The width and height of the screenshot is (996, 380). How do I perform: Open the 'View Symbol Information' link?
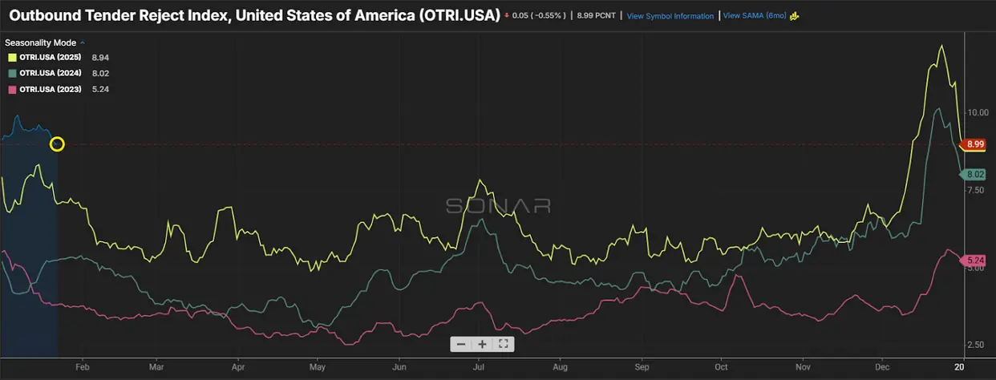[670, 16]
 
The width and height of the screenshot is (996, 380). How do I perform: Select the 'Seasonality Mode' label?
[42, 42]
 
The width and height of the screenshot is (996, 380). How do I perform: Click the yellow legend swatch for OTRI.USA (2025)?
[12, 58]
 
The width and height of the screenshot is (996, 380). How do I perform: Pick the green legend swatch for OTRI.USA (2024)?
[12, 74]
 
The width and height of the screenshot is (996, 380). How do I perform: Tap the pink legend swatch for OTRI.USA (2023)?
[12, 89]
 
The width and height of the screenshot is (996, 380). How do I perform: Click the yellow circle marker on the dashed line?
[57, 144]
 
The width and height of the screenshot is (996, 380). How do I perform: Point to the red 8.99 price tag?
[975, 144]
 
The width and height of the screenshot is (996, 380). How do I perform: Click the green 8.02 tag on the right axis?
[975, 174]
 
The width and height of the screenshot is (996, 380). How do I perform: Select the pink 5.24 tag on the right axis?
[975, 261]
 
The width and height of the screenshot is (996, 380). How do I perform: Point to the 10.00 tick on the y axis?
[978, 113]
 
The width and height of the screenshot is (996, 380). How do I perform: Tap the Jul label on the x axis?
[479, 366]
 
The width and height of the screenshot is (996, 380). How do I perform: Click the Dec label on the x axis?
[882, 366]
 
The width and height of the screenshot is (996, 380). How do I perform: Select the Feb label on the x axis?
[82, 366]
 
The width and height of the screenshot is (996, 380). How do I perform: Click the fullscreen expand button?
[504, 344]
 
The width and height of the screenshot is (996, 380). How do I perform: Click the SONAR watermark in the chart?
[498, 205]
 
